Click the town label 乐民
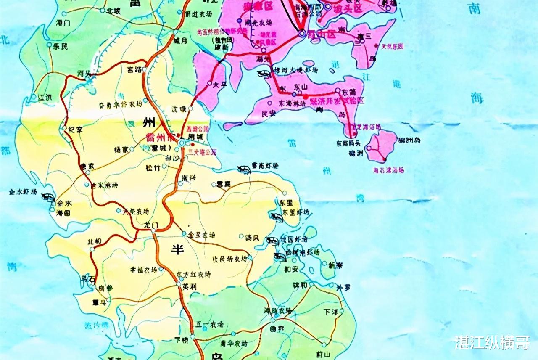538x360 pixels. click(x=60, y=47)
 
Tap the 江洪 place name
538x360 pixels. click(x=45, y=97)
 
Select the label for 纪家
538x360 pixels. click(x=75, y=130)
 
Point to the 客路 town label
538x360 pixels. click(x=135, y=69)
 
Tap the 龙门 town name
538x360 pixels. click(x=150, y=225)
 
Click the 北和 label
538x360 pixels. click(x=94, y=242)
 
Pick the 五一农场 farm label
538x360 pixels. click(x=210, y=325)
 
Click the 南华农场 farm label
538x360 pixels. click(x=234, y=344)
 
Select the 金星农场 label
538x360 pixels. click(x=202, y=235)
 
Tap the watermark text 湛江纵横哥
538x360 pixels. click(x=492, y=342)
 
